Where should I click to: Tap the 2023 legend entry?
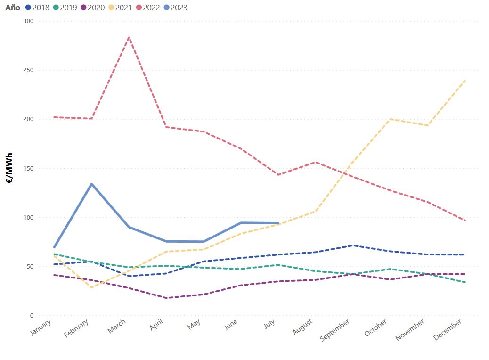175,8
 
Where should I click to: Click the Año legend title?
13,8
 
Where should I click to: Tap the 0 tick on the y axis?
32,316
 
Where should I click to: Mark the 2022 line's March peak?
129,37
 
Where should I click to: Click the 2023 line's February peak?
91,184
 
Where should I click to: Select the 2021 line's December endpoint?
465,80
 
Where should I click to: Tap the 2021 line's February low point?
91,287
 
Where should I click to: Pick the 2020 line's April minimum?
166,298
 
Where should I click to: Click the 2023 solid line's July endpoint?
278,223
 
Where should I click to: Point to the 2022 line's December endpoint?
465,221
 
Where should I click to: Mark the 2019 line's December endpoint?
465,282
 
